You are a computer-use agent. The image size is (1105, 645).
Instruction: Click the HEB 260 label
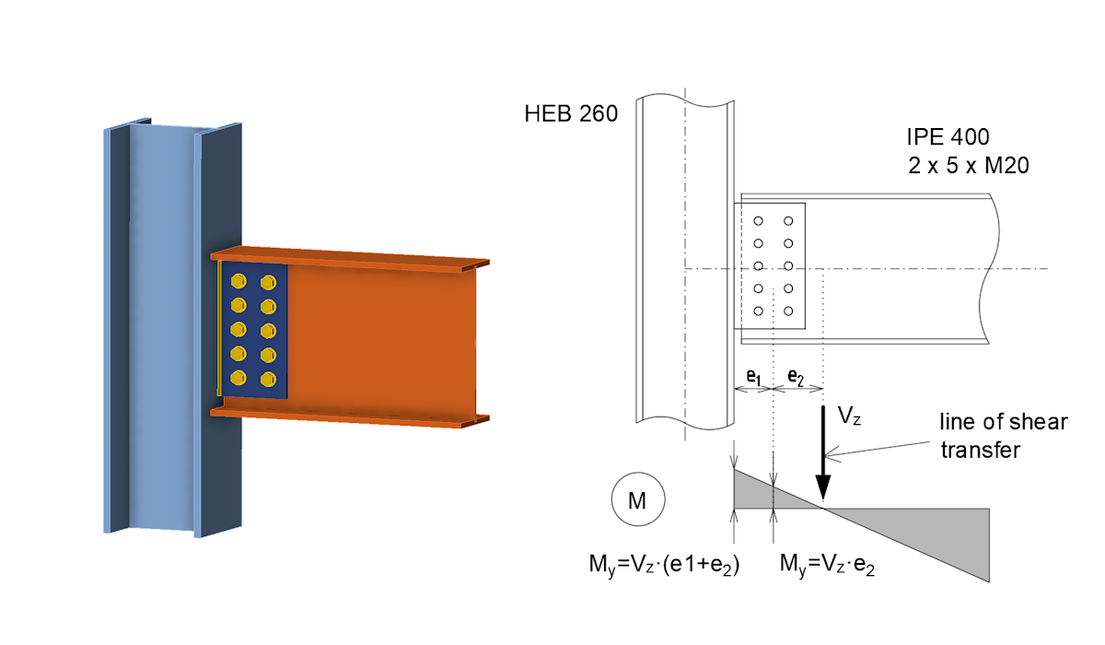tap(570, 114)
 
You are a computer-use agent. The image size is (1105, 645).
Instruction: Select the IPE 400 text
tap(948, 138)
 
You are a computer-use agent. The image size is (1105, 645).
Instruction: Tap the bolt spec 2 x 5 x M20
tap(967, 166)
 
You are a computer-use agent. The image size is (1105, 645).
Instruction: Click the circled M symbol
tap(635, 501)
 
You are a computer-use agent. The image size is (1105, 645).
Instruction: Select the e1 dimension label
tap(753, 376)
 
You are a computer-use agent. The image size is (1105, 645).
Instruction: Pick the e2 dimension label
tap(794, 376)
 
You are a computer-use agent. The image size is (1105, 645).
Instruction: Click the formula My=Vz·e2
tap(826, 563)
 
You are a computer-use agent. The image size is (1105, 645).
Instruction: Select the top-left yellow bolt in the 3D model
tap(238, 281)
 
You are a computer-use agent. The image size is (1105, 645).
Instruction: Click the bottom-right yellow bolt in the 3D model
tap(268, 378)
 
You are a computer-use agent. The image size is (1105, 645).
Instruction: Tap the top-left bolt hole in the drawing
tap(758, 221)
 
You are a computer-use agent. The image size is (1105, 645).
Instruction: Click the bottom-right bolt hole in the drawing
tap(788, 311)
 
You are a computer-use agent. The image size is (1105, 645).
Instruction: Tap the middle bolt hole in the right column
tap(788, 266)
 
